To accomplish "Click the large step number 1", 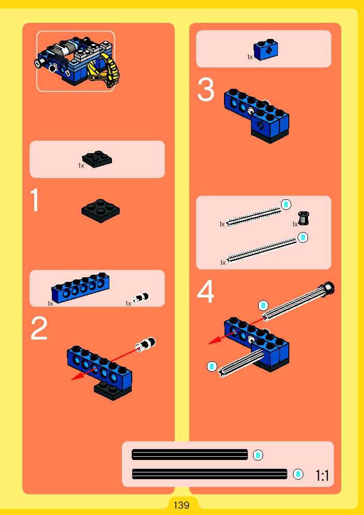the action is (x=35, y=200).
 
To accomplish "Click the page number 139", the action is (x=181, y=505).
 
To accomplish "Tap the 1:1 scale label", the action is (x=322, y=476).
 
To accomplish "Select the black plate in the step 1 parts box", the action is (x=97, y=159).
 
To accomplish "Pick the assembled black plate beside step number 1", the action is (x=101, y=211).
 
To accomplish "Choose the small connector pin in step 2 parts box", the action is (x=141, y=297).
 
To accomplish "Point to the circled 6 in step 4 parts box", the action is (x=286, y=205).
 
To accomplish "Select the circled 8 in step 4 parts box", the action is (x=303, y=238).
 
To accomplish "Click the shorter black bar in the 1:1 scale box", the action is (x=190, y=455).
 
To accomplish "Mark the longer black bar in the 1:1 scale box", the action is (x=209, y=474).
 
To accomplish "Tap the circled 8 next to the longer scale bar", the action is (x=298, y=474).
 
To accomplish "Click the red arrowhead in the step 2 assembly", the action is (x=76, y=377).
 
